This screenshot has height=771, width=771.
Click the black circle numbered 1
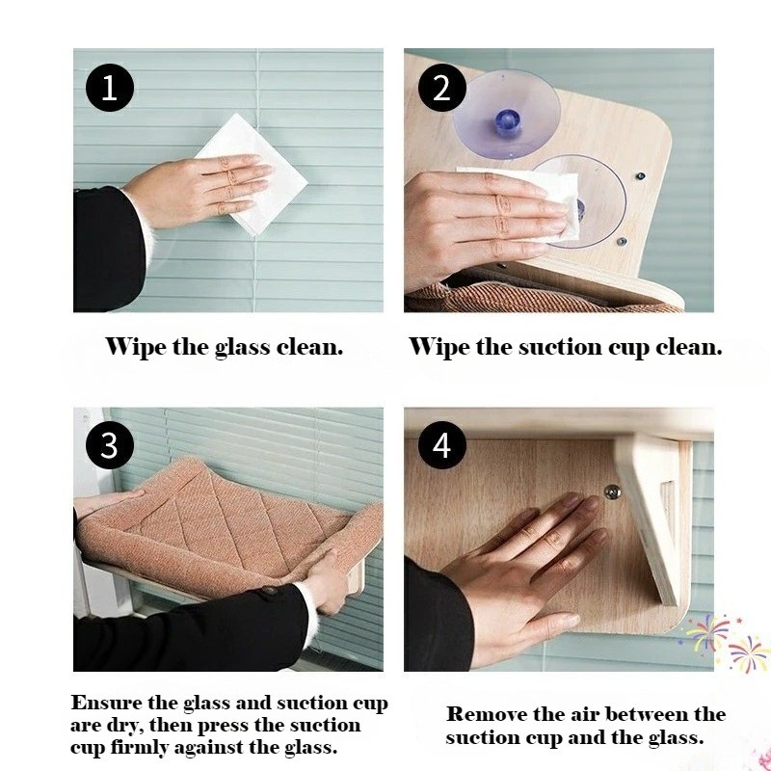(110, 88)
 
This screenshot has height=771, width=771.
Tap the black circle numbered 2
(442, 88)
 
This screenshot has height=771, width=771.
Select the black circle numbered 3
(110, 445)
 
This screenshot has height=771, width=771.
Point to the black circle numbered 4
(442, 445)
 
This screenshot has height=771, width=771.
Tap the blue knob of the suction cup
(507, 122)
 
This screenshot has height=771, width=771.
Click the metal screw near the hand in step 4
(612, 492)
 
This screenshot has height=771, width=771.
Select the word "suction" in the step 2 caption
(560, 347)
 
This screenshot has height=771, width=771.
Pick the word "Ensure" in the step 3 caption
(106, 703)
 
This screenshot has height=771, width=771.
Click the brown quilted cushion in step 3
(222, 526)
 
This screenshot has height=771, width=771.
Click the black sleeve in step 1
(106, 250)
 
